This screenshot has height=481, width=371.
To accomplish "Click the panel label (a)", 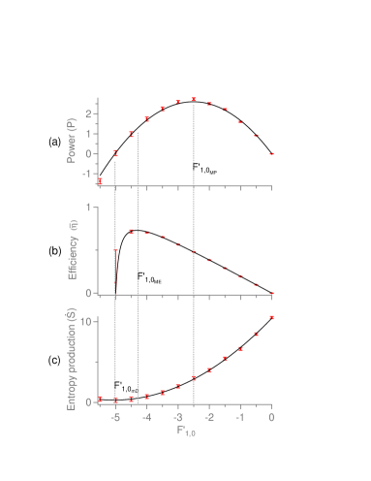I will click(x=55, y=143).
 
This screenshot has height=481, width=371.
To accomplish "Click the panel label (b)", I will click(x=55, y=251).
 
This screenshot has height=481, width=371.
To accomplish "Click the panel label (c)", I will click(x=55, y=361).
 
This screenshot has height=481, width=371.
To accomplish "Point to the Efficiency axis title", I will click(x=73, y=250).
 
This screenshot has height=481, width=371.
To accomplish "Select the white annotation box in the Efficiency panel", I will click(x=149, y=277).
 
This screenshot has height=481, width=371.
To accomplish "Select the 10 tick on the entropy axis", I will click(x=88, y=321).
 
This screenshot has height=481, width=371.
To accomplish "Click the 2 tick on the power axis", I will click(x=89, y=113).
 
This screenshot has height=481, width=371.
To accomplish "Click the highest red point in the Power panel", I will click(x=194, y=99).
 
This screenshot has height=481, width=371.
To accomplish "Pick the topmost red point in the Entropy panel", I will click(x=272, y=317).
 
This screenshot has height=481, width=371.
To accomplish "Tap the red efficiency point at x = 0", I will click(x=272, y=292).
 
